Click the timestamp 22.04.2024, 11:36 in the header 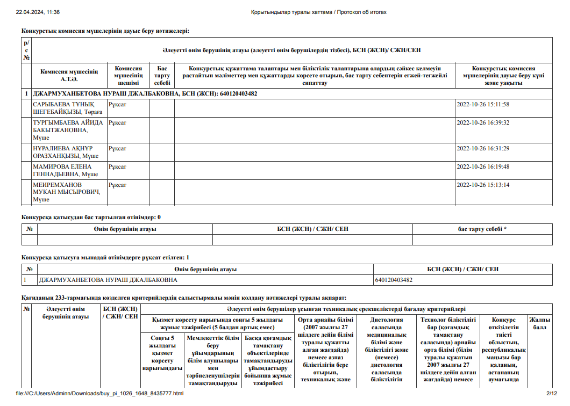pyautogui.click(x=38, y=12)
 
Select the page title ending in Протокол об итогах pyautogui.click(x=318, y=12)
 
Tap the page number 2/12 pyautogui.click(x=552, y=394)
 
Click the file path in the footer pyautogui.click(x=100, y=394)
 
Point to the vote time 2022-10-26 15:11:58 pyautogui.click(x=482, y=104)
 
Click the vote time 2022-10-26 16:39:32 pyautogui.click(x=482, y=122)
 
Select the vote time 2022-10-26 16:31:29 pyautogui.click(x=482, y=148)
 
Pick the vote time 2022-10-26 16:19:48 pyautogui.click(x=482, y=166)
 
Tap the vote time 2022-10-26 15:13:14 pyautogui.click(x=482, y=185)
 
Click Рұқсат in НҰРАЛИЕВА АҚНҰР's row pyautogui.click(x=117, y=148)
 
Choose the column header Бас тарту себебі pyautogui.click(x=162, y=76)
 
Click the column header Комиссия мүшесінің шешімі pyautogui.click(x=129, y=76)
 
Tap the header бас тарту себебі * pyautogui.click(x=482, y=229)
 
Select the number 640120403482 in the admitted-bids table pyautogui.click(x=394, y=280)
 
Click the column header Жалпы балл pyautogui.click(x=540, y=323)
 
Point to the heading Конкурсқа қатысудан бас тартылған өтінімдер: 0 pyautogui.click(x=91, y=217)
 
